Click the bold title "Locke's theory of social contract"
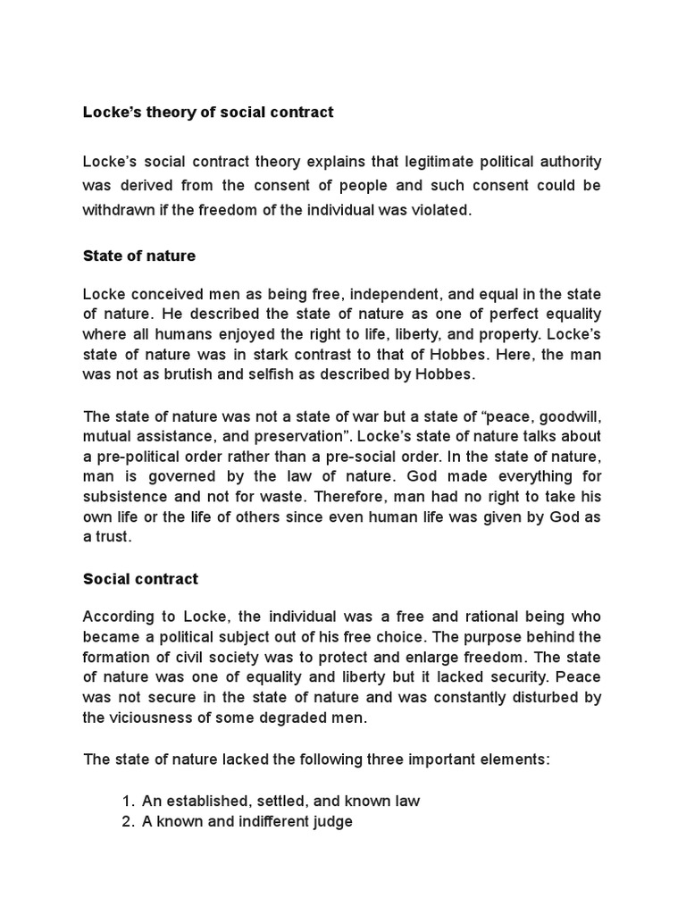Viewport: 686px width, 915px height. click(x=207, y=113)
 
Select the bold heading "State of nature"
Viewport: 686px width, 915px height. click(x=138, y=256)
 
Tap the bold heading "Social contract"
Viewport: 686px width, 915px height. click(x=140, y=578)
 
